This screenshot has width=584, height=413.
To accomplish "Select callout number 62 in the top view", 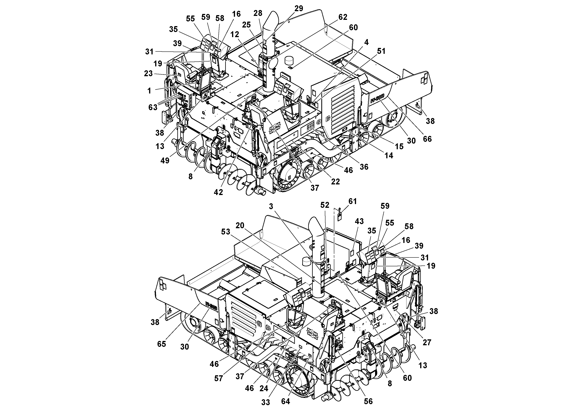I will coord(343,17).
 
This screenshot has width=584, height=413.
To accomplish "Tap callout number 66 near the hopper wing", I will coord(427,139).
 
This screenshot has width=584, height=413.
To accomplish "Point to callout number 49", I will coord(165,160).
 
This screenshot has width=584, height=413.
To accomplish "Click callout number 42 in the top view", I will coord(218,192).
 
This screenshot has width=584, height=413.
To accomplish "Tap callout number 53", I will coord(226,232).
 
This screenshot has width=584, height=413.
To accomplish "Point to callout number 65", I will coord(161,344).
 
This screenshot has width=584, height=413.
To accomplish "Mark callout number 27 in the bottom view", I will coord(427,342).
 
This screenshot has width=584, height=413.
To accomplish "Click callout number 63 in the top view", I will coord(153,107).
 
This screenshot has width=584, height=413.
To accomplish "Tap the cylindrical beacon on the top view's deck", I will coord(290,61).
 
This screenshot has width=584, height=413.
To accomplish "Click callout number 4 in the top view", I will coord(366,42).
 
